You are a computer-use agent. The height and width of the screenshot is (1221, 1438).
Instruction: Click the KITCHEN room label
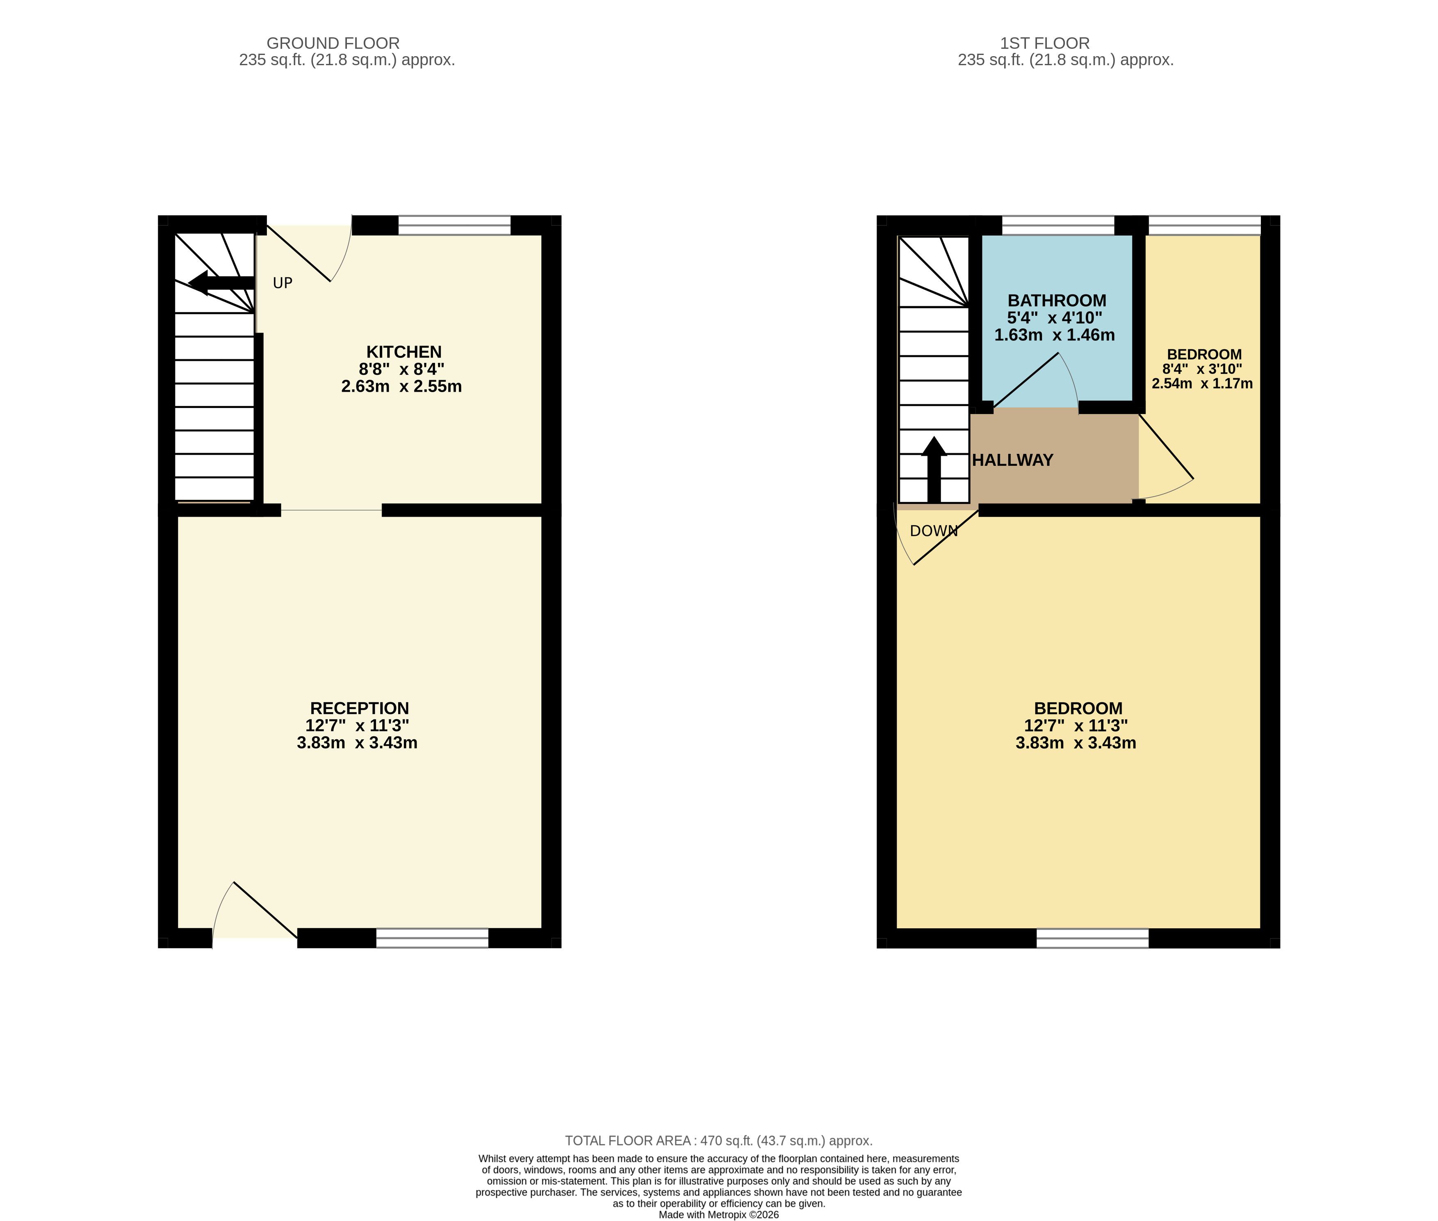click(403, 352)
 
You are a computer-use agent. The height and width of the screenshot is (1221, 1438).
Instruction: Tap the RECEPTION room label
click(359, 708)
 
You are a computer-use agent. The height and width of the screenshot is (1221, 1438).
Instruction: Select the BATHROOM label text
click(1057, 301)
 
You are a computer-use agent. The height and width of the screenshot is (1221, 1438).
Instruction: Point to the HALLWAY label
click(1012, 460)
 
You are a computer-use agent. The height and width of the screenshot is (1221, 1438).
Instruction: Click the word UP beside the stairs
click(283, 283)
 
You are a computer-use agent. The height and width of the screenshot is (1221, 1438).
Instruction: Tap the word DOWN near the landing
click(933, 531)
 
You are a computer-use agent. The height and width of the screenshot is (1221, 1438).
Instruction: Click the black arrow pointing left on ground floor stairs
click(221, 282)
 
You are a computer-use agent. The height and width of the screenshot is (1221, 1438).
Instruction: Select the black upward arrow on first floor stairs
click(934, 469)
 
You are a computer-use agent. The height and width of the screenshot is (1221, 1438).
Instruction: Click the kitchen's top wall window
click(454, 226)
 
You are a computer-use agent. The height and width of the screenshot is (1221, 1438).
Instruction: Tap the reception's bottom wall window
click(432, 938)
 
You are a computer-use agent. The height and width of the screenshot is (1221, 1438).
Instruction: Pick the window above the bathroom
click(1058, 226)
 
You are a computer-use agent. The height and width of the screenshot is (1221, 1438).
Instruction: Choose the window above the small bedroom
click(1205, 226)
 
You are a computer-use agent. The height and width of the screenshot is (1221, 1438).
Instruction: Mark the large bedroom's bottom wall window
click(1092, 938)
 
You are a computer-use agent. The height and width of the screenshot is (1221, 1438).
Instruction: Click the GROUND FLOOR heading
click(333, 43)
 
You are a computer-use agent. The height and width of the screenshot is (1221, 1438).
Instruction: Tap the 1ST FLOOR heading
click(1045, 43)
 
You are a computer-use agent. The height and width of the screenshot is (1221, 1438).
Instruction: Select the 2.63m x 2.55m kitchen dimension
click(401, 386)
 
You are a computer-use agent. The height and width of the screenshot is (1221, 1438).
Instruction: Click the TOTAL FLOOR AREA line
click(719, 1141)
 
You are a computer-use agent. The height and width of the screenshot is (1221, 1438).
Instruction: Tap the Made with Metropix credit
click(719, 1215)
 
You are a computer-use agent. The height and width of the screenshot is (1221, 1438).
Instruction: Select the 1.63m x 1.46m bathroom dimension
click(1055, 335)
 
